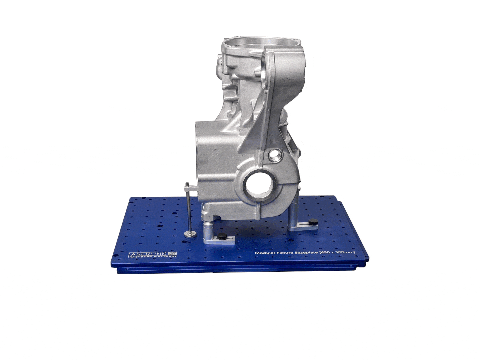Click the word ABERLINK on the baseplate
click(148, 254)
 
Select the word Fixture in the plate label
click(285, 253)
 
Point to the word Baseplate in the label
click(308, 253)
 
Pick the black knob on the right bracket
click(313, 221)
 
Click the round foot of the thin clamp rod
click(190, 233)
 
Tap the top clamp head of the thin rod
click(187, 187)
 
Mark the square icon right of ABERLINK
click(173, 254)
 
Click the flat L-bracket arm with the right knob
click(306, 225)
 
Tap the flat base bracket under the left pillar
click(220, 240)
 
